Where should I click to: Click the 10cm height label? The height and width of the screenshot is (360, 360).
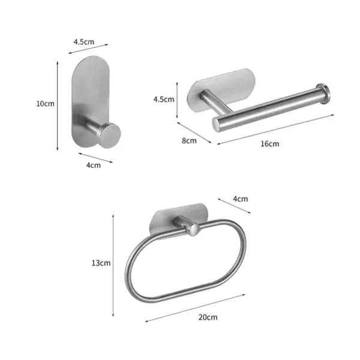point(45,103)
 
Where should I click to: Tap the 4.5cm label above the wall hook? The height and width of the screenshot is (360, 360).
point(83,42)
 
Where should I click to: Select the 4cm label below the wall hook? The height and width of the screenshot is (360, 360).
point(93,165)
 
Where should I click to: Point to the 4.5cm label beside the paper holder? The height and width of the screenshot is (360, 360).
point(163,99)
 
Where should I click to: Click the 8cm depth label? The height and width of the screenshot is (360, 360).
point(189,141)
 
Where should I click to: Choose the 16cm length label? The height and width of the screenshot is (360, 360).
point(270,144)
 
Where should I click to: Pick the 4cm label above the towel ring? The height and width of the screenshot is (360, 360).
point(240,199)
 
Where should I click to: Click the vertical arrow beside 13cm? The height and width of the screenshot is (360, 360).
point(113,264)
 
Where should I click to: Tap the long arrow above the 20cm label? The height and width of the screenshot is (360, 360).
point(195,308)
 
